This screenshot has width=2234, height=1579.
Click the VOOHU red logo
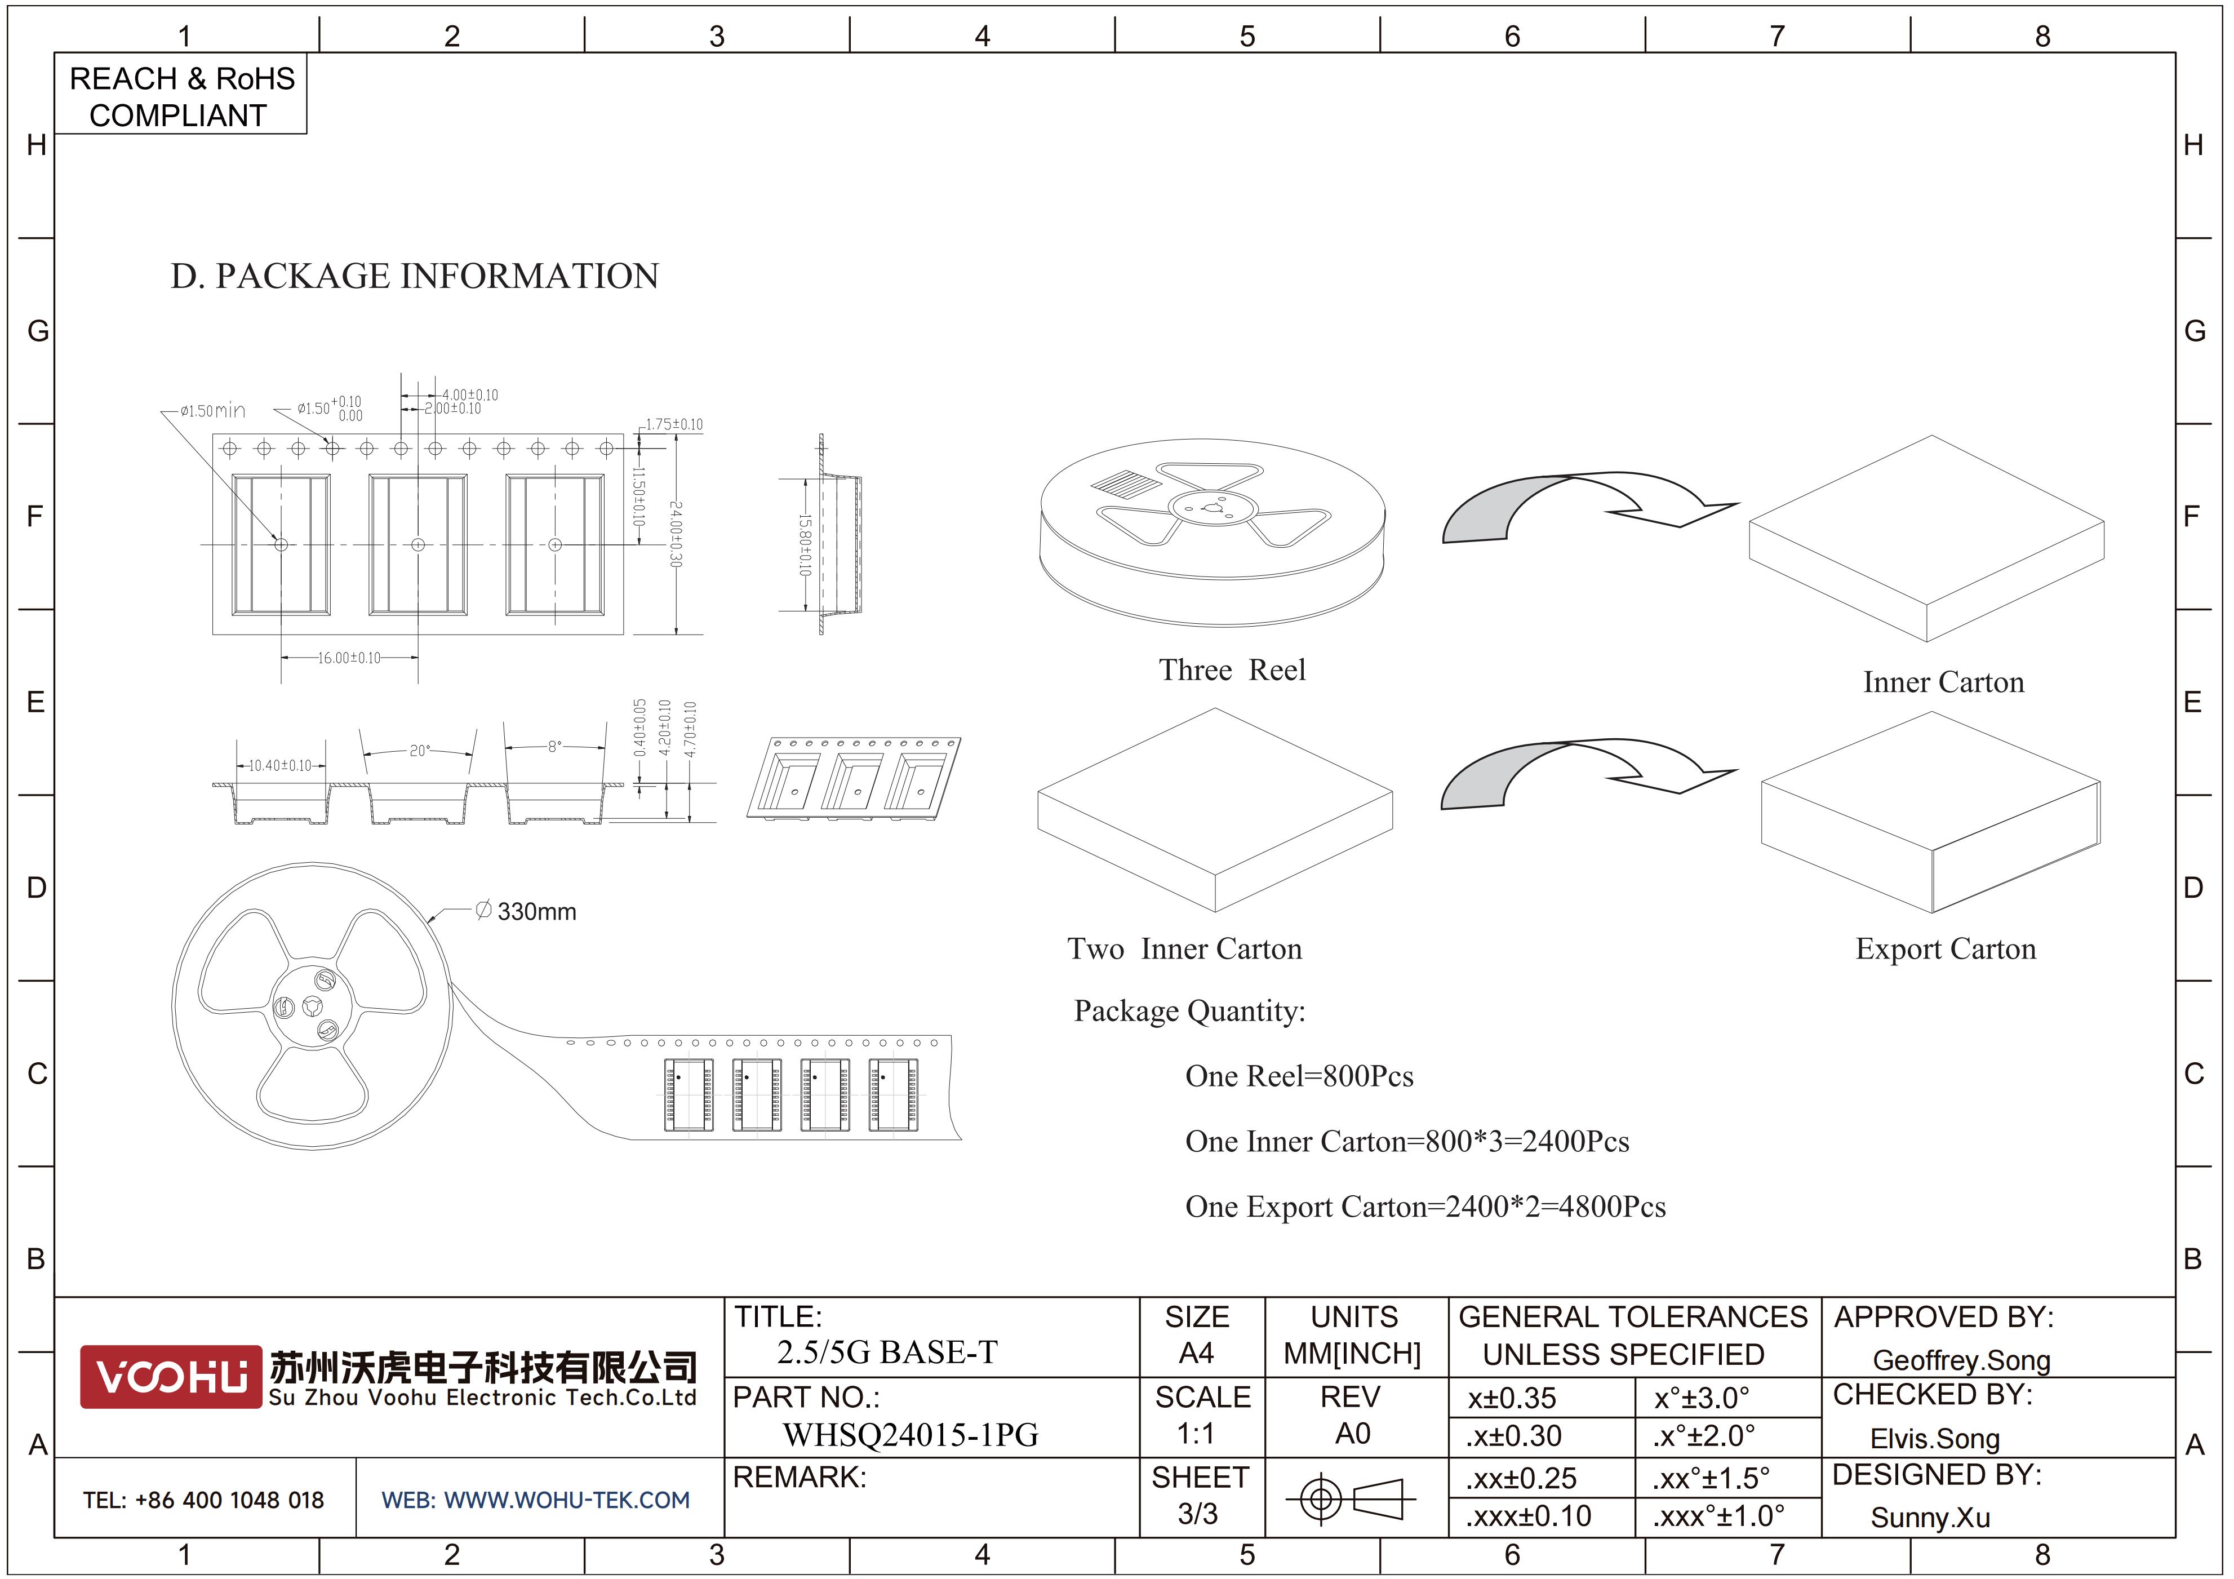[170, 1376]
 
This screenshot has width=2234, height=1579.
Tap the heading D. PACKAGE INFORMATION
[415, 276]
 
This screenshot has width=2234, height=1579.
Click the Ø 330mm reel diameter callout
[526, 912]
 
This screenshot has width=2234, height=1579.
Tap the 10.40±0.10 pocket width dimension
[280, 766]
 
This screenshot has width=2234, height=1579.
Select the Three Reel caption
[1232, 671]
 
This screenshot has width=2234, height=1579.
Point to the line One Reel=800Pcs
[1299, 1076]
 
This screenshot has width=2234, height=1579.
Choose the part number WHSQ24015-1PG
[911, 1435]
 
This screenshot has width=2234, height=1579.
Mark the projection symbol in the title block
[1351, 1498]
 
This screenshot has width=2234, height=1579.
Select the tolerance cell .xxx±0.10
[1529, 1516]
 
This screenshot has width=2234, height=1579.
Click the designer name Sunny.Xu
[1930, 1518]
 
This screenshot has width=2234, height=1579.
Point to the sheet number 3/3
[1198, 1514]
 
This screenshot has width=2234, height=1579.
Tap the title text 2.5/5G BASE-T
[887, 1352]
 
